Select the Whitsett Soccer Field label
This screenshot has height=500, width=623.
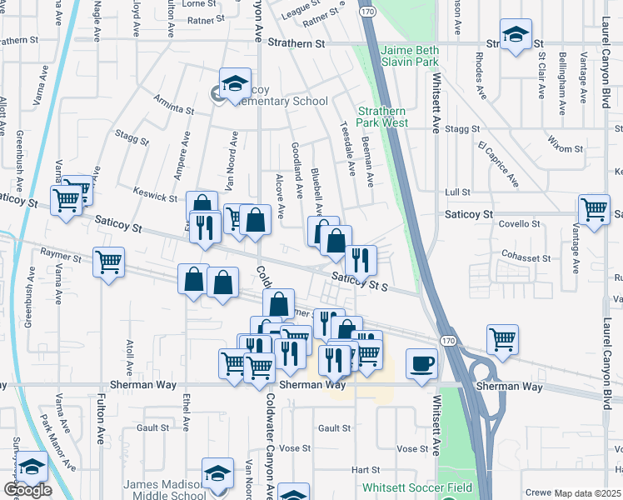coord(417,487)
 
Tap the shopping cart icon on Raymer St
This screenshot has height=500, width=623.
coord(108,262)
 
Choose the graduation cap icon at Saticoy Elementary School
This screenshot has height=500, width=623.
coord(235,82)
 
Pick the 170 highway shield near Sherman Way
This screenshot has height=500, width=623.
coord(449,342)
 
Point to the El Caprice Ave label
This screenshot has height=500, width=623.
coord(498,163)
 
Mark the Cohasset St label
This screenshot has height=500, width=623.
coord(526,258)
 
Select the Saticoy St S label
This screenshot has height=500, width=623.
coord(361,283)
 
